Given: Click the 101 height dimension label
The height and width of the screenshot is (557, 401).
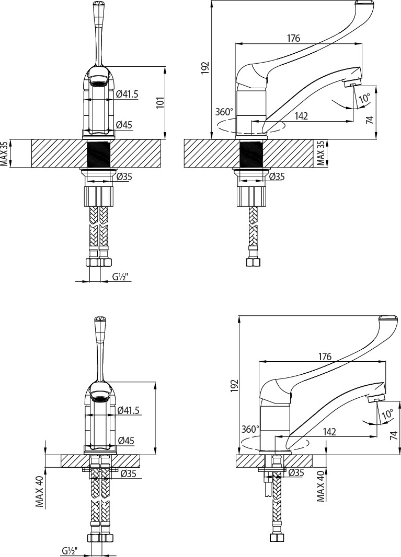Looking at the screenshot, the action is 161,102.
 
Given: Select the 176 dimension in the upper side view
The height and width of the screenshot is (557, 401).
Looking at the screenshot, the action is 293,38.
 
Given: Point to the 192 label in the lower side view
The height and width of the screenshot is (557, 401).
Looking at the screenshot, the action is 233,385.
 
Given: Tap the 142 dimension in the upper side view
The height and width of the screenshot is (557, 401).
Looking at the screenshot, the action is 301,116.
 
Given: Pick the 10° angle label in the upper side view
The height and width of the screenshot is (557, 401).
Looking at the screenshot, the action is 364,97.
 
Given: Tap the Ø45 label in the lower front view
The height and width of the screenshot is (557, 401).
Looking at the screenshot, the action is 125,441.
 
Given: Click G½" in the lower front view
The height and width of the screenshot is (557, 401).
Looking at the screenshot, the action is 70,551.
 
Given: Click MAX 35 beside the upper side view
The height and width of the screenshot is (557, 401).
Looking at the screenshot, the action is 322,153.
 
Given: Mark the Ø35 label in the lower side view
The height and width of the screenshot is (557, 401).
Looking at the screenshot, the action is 296,472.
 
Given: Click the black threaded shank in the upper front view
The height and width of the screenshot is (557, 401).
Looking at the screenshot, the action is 100,153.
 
